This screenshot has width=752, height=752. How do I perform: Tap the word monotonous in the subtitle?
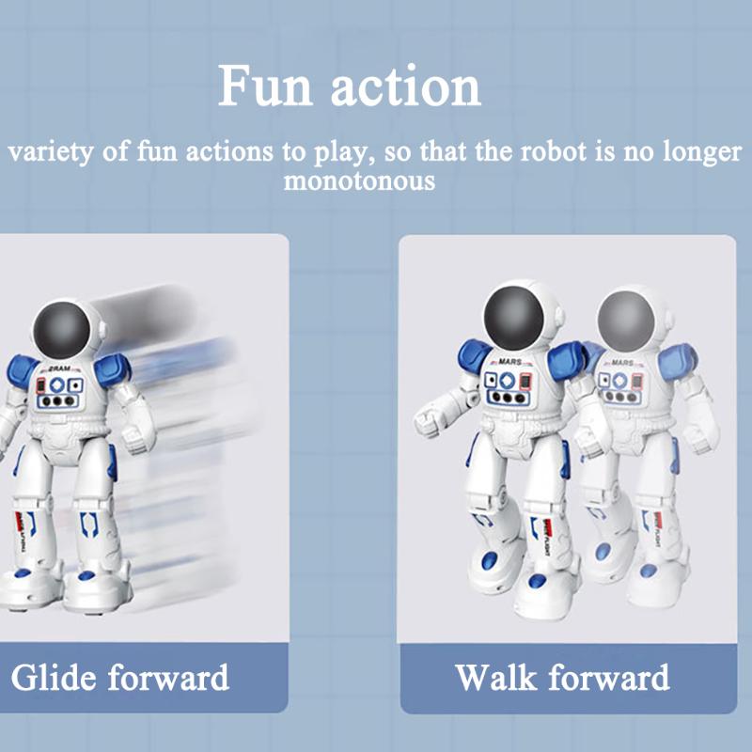pos(360,180)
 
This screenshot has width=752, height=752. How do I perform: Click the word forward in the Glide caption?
pos(168,677)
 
